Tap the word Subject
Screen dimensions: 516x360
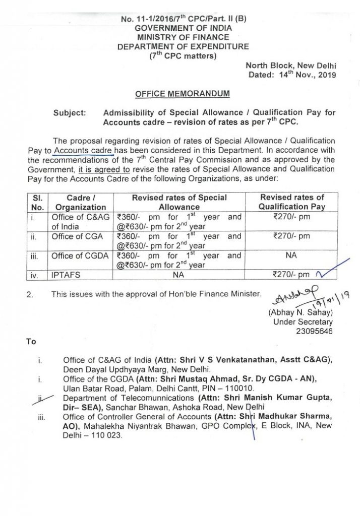[69, 112]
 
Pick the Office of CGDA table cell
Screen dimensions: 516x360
[80, 255]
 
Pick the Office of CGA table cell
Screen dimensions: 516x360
[77, 235]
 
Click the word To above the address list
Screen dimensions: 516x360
[31, 342]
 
